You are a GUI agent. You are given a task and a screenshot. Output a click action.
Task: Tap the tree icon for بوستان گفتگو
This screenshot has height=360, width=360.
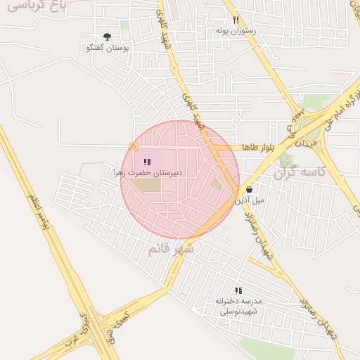pyautogui.click(x=107, y=37)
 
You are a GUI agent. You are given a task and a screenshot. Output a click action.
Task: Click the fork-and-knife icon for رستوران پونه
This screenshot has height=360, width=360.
pyautogui.click(x=236, y=20)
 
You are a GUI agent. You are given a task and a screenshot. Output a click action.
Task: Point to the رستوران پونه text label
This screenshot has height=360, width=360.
pyautogui.click(x=236, y=32)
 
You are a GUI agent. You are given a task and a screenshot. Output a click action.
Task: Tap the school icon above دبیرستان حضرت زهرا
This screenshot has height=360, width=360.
pyautogui.click(x=146, y=162)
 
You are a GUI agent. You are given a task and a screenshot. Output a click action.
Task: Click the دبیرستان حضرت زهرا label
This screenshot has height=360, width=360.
pyautogui.click(x=148, y=172)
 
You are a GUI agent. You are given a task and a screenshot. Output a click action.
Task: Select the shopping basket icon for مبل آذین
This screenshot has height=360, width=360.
pyautogui.click(x=250, y=189)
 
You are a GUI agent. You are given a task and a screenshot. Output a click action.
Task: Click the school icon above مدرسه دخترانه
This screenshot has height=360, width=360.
pyautogui.click(x=238, y=290)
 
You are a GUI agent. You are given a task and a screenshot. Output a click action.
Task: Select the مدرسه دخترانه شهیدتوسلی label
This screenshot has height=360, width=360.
pyautogui.click(x=238, y=306)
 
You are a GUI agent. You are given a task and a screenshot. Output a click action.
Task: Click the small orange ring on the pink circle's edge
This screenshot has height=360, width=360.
pyautogui.click(x=134, y=147)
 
